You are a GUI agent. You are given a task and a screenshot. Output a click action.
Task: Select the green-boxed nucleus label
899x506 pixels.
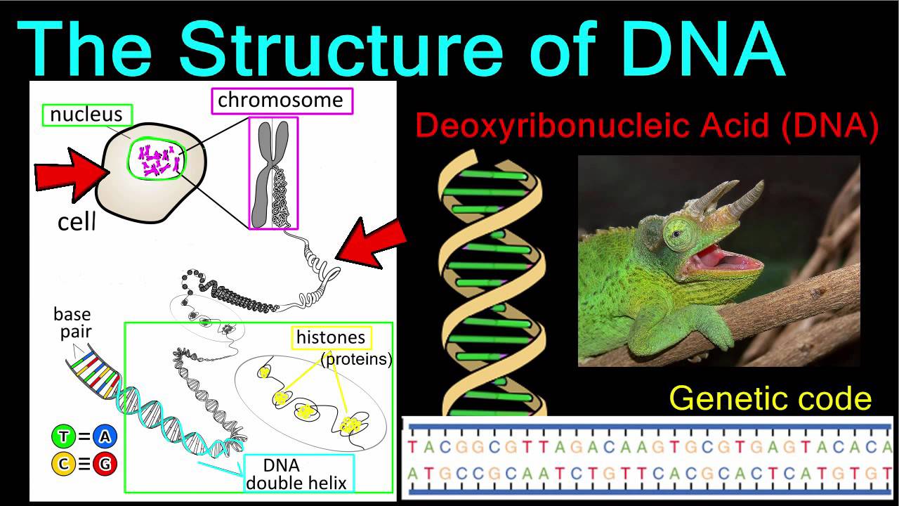click(86, 115)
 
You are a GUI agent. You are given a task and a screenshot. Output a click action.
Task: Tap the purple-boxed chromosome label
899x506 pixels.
click(280, 100)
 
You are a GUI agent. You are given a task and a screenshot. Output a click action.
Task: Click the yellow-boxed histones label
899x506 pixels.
click(331, 338)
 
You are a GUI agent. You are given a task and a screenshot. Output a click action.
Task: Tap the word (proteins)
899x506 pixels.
click(355, 360)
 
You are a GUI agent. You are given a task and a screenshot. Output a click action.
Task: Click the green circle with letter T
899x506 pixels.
click(63, 437)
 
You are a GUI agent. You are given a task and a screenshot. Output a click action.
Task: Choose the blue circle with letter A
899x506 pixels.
click(105, 437)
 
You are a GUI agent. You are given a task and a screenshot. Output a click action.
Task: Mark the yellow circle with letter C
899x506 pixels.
click(63, 463)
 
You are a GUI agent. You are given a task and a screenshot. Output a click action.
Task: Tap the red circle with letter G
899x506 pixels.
click(105, 463)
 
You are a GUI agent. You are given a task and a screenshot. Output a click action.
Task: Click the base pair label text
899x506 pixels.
click(72, 323)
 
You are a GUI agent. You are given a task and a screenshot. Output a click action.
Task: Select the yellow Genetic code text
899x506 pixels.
click(770, 398)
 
